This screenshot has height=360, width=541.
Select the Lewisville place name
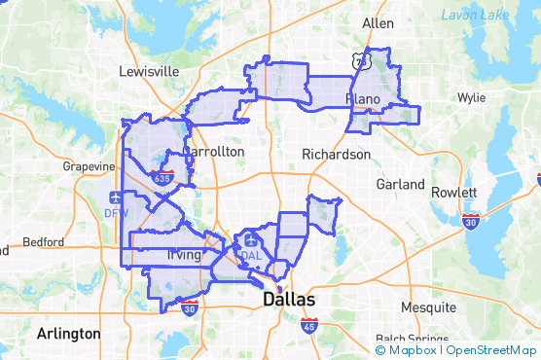pyautogui.click(x=149, y=71)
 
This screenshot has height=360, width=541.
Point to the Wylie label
pyautogui.click(x=472, y=97)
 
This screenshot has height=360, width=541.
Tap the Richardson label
pyautogui.click(x=336, y=154)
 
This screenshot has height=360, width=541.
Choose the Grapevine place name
pyautogui.click(x=90, y=166)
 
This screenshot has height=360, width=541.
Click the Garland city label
pyautogui.click(x=403, y=184)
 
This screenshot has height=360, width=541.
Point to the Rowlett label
pyautogui.click(x=455, y=192)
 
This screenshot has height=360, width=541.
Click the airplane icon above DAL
pyautogui.click(x=251, y=239)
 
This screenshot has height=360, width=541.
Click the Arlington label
pyautogui.click(x=68, y=333)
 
